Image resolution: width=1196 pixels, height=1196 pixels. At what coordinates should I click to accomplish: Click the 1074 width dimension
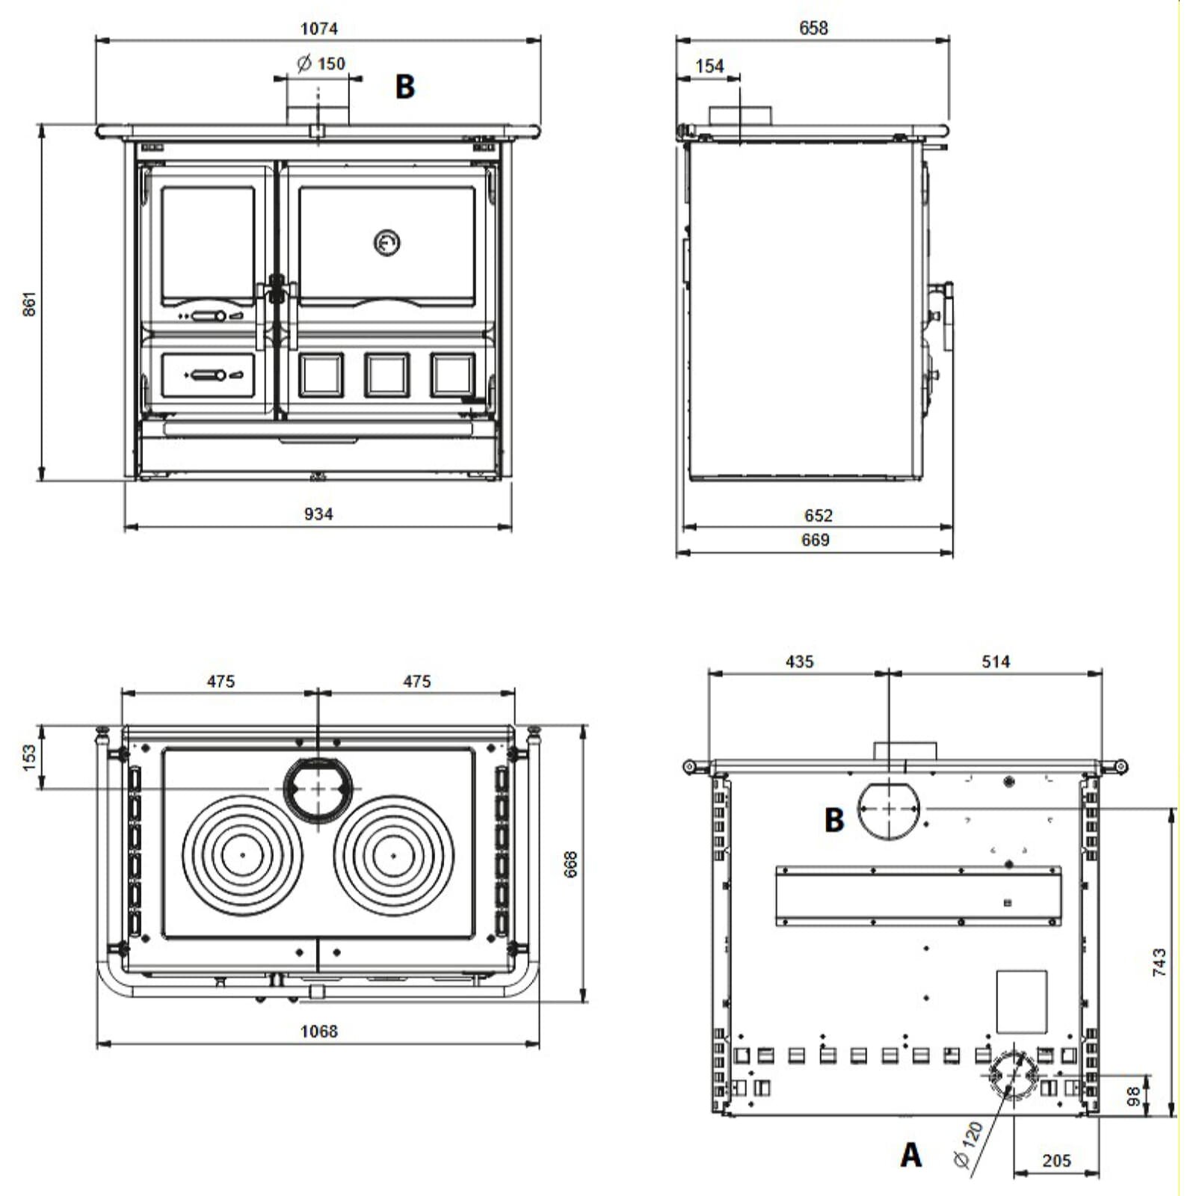(x=319, y=28)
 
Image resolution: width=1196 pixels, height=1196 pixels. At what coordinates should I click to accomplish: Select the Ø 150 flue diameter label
(x=321, y=64)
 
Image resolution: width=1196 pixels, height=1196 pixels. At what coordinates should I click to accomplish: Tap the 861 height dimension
(x=28, y=303)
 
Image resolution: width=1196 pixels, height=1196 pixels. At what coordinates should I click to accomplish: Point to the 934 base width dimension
(x=318, y=514)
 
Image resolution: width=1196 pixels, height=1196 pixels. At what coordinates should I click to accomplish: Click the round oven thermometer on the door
(x=386, y=242)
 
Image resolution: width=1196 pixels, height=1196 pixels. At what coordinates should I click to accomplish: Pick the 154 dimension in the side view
(x=709, y=66)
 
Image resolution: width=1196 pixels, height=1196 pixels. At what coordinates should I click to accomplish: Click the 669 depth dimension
(x=815, y=540)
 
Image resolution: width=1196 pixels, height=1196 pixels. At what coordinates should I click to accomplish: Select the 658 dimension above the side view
(x=813, y=28)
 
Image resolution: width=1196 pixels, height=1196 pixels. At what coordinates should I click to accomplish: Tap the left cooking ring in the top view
(x=243, y=854)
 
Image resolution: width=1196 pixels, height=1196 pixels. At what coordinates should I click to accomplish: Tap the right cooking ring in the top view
(x=393, y=854)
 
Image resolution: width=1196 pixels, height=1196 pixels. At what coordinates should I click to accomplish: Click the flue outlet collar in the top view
(x=319, y=789)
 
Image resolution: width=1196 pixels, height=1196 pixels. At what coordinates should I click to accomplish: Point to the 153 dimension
(x=29, y=756)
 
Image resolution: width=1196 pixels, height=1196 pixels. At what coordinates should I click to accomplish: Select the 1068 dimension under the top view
(x=319, y=1031)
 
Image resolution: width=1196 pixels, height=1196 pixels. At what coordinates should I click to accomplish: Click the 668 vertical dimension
(x=571, y=864)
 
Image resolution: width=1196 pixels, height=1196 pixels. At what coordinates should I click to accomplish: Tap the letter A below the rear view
(x=910, y=1155)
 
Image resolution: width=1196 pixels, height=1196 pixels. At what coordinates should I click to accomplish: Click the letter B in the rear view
(x=834, y=820)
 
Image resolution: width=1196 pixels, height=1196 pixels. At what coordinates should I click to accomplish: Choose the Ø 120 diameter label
(x=969, y=1144)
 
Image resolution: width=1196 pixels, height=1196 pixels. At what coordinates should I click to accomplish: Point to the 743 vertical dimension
(x=1159, y=962)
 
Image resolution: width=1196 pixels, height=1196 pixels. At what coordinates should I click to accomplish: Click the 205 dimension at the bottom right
(x=1056, y=1160)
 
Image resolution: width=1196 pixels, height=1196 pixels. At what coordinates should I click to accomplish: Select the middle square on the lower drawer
(x=386, y=374)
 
